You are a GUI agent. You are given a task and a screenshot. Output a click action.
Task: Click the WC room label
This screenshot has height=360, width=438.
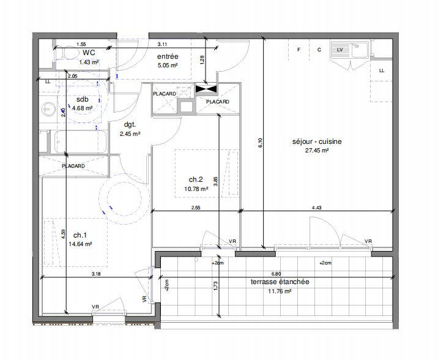click(x=89, y=53)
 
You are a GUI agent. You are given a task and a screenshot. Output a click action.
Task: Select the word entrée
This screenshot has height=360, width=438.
click(x=167, y=56)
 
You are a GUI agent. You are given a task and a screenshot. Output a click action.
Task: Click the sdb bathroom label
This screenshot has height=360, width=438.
click(x=82, y=99)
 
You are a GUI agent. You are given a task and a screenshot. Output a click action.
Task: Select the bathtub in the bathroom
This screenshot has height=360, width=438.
click(x=80, y=142)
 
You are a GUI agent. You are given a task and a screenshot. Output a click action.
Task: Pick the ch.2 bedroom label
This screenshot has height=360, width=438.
click(x=196, y=179)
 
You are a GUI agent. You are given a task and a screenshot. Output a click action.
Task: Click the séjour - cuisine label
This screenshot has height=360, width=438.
click(x=316, y=141)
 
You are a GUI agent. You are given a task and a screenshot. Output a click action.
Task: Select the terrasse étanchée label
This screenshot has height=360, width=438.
click(x=280, y=282)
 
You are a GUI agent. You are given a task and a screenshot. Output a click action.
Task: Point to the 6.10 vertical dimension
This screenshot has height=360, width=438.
click(x=260, y=142)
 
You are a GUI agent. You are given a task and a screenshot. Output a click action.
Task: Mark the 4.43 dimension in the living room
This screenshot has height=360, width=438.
click(x=316, y=208)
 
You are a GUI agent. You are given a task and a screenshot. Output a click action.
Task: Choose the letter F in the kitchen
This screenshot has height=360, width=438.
click(x=299, y=50)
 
